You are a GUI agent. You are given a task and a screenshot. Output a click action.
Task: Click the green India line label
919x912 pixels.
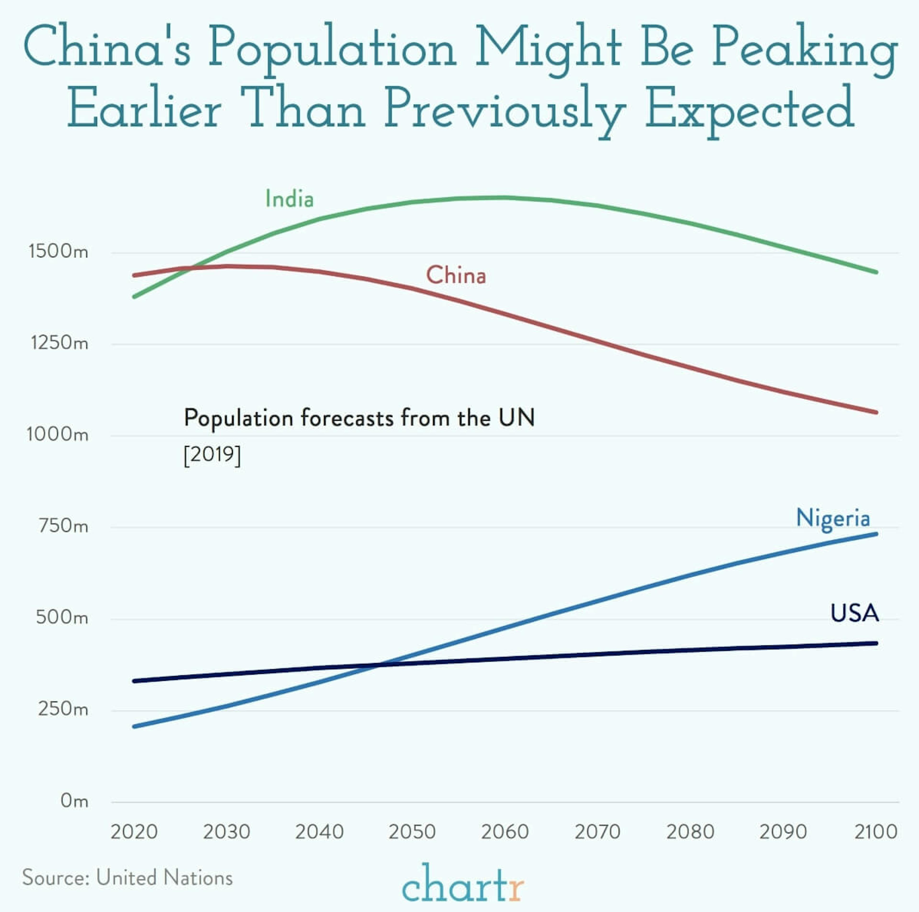(289, 199)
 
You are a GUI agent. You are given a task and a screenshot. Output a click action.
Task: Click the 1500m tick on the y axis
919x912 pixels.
(58, 251)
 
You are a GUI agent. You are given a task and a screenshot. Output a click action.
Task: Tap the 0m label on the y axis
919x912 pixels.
(74, 801)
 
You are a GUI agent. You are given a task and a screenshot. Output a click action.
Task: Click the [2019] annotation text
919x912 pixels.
(212, 455)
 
